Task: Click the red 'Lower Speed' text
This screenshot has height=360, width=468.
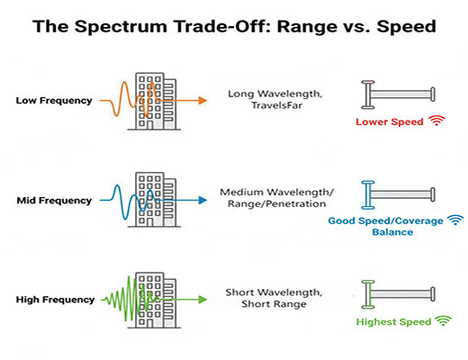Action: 387,121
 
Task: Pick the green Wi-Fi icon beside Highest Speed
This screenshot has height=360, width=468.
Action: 443,319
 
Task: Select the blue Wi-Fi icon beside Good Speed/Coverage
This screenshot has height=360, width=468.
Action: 455,219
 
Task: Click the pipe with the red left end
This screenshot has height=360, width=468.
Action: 399,93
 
